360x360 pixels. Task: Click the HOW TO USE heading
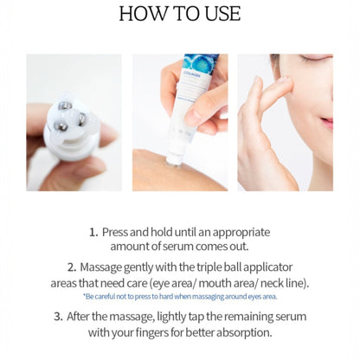click(x=179, y=15)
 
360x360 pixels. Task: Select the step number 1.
click(x=93, y=232)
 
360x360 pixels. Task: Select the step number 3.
click(x=58, y=317)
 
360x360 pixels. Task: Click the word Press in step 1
click(x=116, y=232)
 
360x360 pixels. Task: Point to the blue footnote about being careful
click(x=179, y=297)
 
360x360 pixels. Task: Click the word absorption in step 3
click(x=241, y=332)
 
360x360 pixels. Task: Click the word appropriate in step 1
click(x=238, y=232)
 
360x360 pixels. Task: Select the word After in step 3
click(x=84, y=317)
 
